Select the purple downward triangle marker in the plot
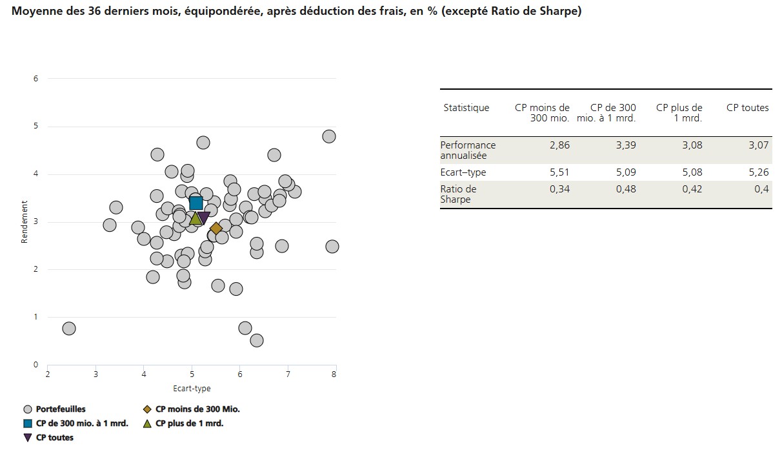tap(203, 218)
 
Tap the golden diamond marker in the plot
tap(216, 229)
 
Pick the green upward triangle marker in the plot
tap(195, 218)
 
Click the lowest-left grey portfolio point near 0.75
tap(69, 329)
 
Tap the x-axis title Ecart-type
tap(192, 389)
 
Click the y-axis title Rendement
tap(25, 222)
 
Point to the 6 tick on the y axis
tap(36, 79)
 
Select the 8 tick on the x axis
tap(334, 374)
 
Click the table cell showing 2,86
tap(559, 145)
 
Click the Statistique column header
tap(466, 108)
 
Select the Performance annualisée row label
tap(468, 150)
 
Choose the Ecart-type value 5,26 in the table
tap(758, 172)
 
